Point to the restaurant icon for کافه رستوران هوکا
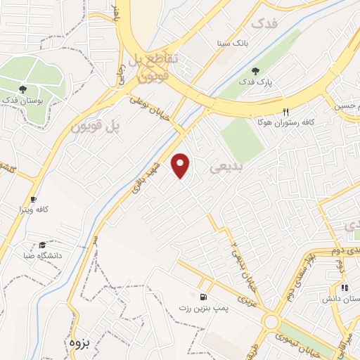pyautogui.click(x=285, y=112)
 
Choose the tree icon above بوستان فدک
pyautogui.click(x=23, y=89)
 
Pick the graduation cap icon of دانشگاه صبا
pyautogui.click(x=43, y=245)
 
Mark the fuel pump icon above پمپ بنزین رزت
pyautogui.click(x=203, y=297)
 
